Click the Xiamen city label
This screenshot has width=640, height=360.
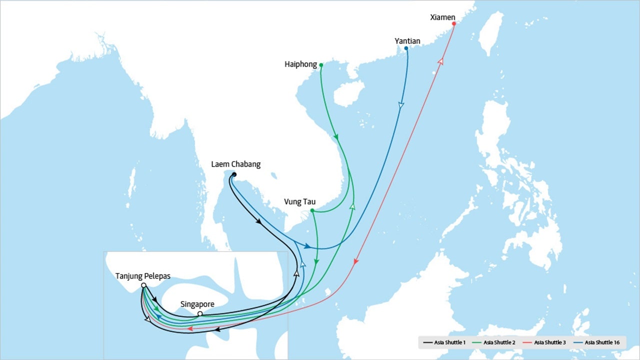[442, 17]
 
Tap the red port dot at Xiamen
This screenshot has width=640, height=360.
[453, 24]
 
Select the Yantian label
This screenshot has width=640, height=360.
[407, 41]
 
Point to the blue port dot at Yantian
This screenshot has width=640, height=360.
[406, 48]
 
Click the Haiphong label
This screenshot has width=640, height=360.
[300, 64]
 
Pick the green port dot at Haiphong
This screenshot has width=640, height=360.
[321, 65]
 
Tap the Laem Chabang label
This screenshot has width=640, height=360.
[235, 164]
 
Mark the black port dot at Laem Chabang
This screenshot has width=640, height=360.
[234, 174]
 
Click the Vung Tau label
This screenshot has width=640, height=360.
[299, 202]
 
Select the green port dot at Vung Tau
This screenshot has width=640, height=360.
[312, 211]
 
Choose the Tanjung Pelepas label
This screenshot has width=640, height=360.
[143, 276]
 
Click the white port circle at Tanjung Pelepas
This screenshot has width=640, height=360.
[143, 285]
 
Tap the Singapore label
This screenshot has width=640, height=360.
[197, 304]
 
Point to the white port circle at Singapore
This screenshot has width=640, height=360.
[200, 314]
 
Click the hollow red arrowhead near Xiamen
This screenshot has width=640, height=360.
[440, 61]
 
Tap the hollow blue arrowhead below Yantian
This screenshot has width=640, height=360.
[401, 105]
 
